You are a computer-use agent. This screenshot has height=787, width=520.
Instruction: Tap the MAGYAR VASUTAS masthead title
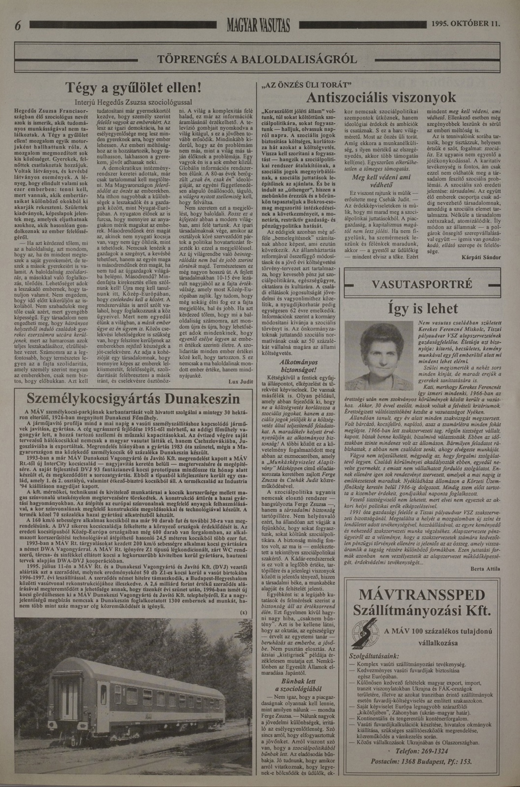258,25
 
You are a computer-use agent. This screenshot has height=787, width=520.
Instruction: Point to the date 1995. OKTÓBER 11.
466,24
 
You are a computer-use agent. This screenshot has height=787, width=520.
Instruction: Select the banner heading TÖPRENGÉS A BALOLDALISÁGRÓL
257,59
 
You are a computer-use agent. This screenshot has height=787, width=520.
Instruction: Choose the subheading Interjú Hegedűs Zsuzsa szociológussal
133,103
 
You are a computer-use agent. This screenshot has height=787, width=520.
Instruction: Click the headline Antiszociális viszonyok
381,97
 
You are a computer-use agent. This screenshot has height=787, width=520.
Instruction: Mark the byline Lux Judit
241,382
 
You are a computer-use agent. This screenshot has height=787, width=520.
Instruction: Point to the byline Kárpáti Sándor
481,257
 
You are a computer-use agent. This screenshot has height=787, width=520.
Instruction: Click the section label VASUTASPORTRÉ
422,285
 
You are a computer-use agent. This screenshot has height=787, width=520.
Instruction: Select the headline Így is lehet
423,308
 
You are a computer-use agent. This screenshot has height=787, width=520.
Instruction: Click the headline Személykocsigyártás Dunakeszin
133,399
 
